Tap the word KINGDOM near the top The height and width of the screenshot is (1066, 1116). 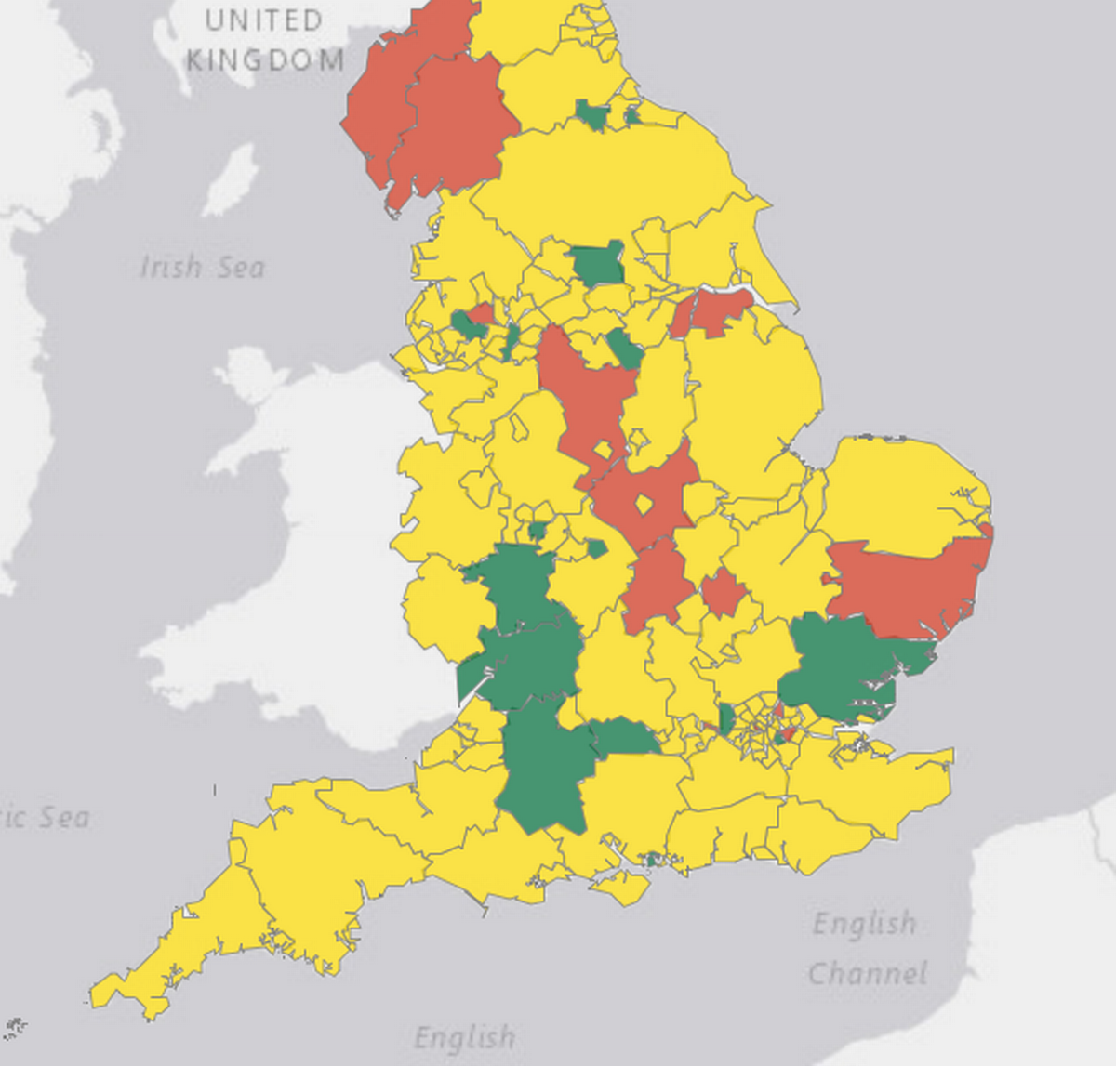coord(265,61)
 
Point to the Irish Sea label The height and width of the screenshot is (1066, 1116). coord(202,268)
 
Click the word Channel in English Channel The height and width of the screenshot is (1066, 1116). coord(867,973)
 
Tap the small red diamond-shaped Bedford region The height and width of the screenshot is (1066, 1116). coord(722,593)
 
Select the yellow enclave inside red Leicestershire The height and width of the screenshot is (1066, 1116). coord(643,505)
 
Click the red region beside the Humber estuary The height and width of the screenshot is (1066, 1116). coord(712,312)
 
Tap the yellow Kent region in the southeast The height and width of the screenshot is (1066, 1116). coord(874,781)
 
